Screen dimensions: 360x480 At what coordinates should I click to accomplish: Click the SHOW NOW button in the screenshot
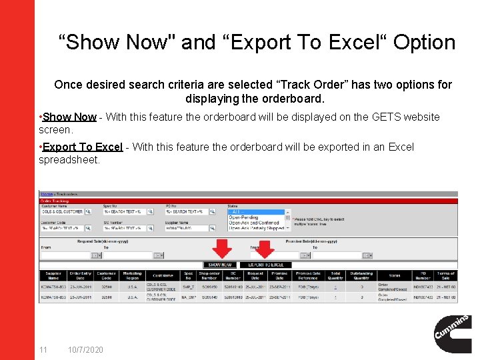pos(221,265)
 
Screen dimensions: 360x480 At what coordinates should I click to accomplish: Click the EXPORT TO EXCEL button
pos(267,265)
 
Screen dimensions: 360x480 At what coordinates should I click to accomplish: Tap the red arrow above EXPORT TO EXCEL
pos(265,249)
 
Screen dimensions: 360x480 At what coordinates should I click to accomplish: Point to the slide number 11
pos(43,350)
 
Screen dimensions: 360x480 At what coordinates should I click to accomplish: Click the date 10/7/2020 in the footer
pos(85,350)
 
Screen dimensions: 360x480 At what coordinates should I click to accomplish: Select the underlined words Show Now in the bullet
pos(69,117)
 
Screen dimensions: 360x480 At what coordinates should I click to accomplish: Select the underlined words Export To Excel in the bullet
pos(83,147)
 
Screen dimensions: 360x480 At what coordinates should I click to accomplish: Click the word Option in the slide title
pos(424,43)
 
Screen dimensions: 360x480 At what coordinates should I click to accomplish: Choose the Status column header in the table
pos(394,275)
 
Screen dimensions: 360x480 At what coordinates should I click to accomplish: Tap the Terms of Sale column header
pos(445,275)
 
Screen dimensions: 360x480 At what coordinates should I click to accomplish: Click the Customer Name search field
pos(62,211)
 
